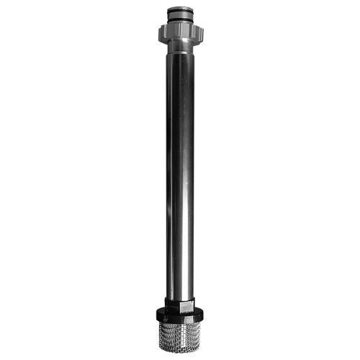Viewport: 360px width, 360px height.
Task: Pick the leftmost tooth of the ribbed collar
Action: pyautogui.click(x=158, y=30)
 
